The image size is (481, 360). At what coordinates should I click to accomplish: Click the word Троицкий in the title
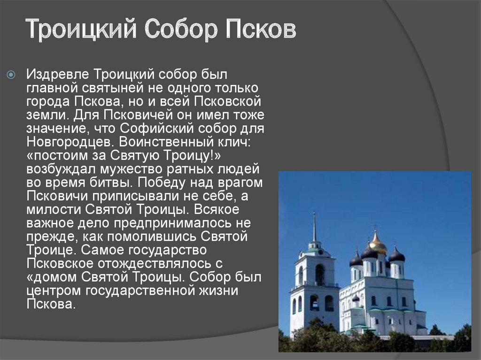pos(81,29)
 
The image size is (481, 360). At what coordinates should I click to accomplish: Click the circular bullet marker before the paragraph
pos(11,75)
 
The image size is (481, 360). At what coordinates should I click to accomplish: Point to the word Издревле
pos(58,75)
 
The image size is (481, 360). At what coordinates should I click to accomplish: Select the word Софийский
pos(157,128)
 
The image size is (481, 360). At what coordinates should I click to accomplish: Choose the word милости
pos(54,209)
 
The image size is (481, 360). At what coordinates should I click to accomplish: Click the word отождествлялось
pos(155,263)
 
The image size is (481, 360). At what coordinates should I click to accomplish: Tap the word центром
pos(54,291)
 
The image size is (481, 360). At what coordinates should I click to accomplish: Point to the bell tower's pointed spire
pos(314,227)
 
